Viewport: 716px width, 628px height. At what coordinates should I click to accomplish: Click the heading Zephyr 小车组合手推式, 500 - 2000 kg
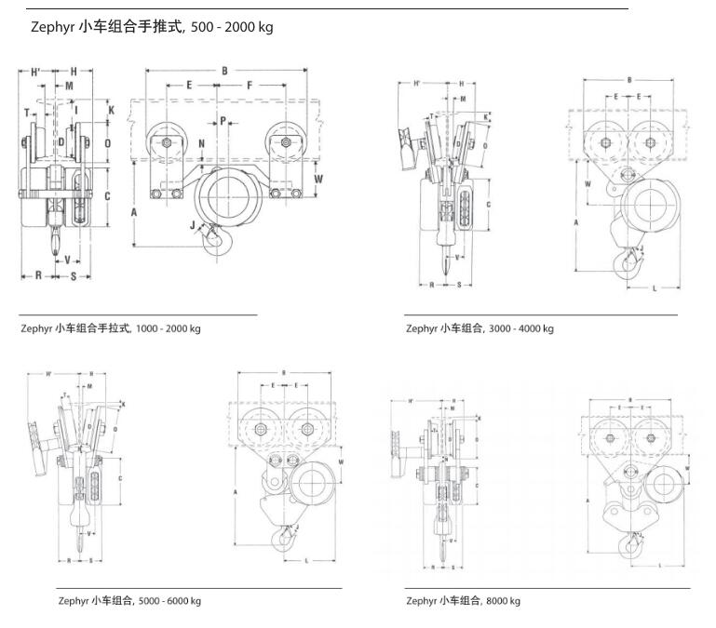pyautogui.click(x=152, y=28)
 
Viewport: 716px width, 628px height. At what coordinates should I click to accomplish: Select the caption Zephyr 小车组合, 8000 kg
pyautogui.click(x=463, y=601)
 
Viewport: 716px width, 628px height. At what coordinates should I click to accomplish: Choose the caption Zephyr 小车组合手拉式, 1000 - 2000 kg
pyautogui.click(x=111, y=328)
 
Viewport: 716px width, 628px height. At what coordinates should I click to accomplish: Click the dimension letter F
pyautogui.click(x=250, y=86)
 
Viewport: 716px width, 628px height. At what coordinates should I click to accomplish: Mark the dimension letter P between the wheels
pyautogui.click(x=223, y=120)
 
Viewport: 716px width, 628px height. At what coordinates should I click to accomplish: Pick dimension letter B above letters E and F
pyautogui.click(x=224, y=71)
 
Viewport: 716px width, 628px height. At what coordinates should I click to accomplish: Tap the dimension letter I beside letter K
pyautogui.click(x=77, y=110)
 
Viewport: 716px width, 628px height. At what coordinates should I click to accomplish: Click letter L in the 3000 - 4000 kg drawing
pyautogui.click(x=655, y=288)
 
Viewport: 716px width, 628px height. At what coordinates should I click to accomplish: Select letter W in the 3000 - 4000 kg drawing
pyautogui.click(x=587, y=183)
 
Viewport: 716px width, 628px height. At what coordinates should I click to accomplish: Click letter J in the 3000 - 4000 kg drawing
pyautogui.click(x=642, y=248)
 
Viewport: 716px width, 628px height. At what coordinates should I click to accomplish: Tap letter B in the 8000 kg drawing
pyautogui.click(x=630, y=400)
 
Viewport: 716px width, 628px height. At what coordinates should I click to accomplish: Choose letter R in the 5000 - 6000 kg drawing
pyautogui.click(x=70, y=560)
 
